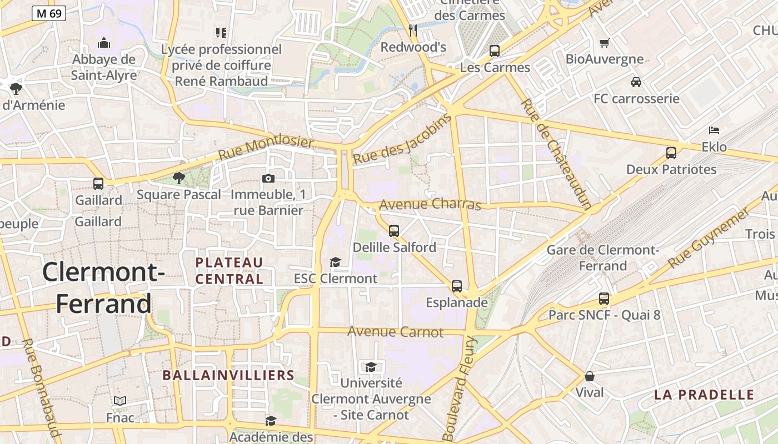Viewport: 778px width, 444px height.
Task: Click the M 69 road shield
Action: [49, 13]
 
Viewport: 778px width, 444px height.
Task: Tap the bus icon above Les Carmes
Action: [494, 51]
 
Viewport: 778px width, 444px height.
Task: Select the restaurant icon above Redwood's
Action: [413, 30]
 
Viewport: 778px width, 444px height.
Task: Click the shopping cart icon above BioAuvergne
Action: [605, 43]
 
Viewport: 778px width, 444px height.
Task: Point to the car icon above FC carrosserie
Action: [636, 82]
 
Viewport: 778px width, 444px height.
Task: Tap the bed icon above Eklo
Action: [714, 130]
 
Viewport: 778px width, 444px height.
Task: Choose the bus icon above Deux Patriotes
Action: [671, 153]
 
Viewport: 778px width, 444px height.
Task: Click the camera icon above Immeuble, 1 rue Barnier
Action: [268, 178]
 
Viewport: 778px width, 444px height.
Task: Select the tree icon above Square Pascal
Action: [178, 178]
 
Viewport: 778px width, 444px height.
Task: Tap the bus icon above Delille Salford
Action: [394, 230]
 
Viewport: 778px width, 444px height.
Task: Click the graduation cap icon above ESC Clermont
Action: [335, 262]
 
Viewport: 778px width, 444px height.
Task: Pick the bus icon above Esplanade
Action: [456, 286]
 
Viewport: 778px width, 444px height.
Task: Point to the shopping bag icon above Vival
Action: [589, 376]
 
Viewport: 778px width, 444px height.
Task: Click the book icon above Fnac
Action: [120, 401]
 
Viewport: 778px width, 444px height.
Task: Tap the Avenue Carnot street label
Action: [395, 332]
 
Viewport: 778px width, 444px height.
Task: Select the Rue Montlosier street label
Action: [266, 148]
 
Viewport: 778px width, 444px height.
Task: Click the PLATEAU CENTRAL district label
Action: [229, 270]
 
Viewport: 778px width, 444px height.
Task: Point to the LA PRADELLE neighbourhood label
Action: [704, 395]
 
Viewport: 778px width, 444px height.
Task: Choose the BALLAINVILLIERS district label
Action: [228, 375]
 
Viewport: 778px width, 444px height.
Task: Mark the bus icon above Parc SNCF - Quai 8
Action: [604, 299]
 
